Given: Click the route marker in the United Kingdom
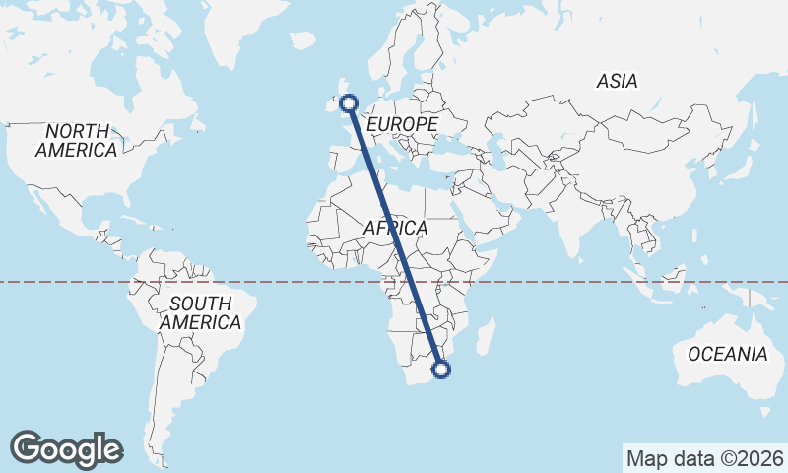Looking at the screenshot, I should pyautogui.click(x=348, y=101).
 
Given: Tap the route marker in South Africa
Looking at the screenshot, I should pyautogui.click(x=441, y=370).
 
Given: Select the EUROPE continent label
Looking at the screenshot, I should pyautogui.click(x=401, y=125).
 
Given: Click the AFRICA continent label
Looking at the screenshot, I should pyautogui.click(x=395, y=228).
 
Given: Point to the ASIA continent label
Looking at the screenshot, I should pyautogui.click(x=617, y=82).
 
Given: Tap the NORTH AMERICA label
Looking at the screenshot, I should pyautogui.click(x=76, y=140).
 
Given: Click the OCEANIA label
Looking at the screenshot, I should pyautogui.click(x=727, y=354).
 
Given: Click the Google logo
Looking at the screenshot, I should pyautogui.click(x=66, y=448).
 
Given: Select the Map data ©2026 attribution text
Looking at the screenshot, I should pyautogui.click(x=704, y=458).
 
